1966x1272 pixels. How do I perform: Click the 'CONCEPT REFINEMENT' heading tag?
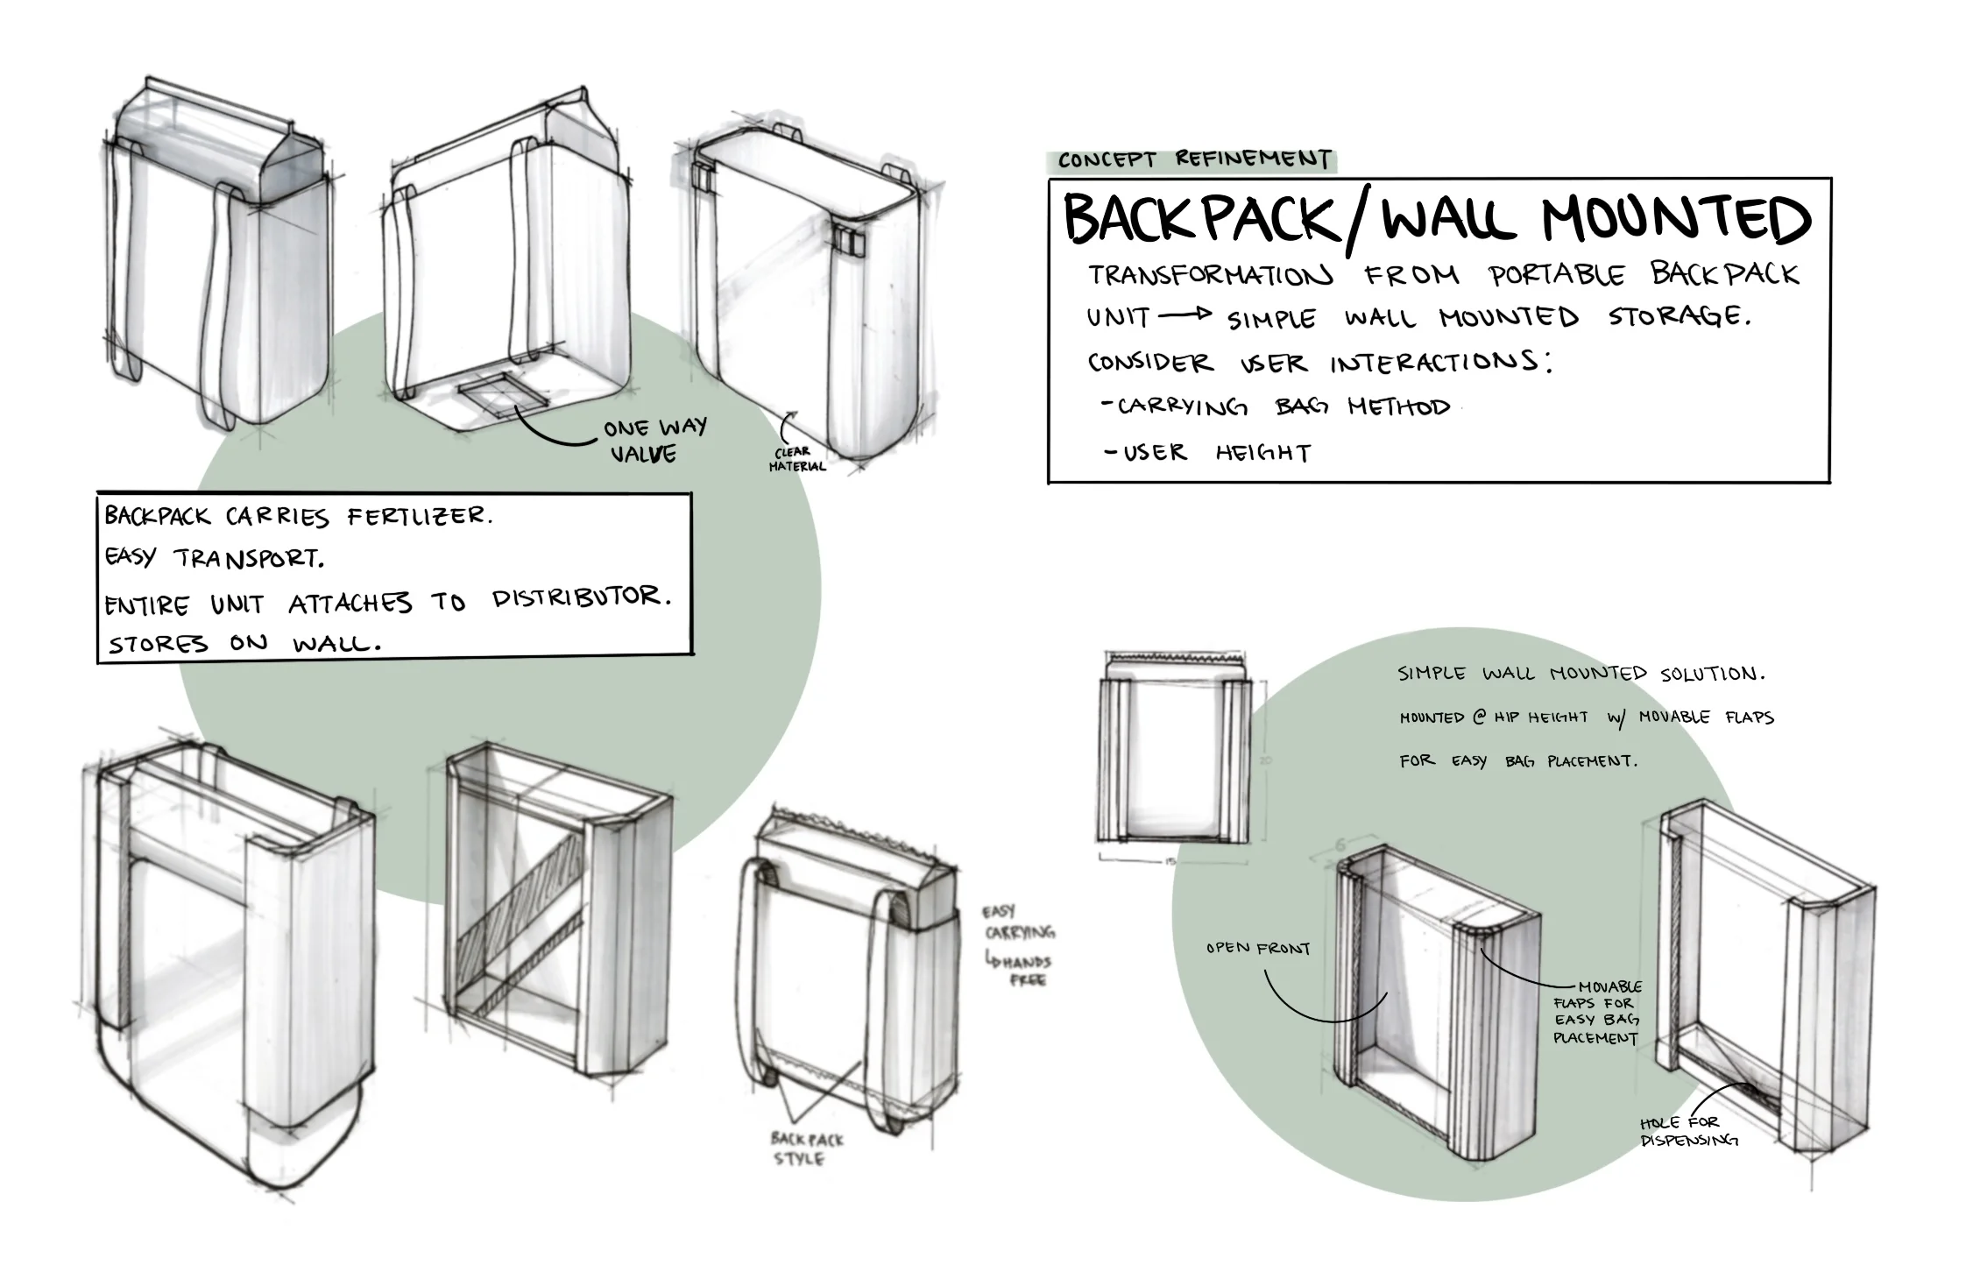[1193, 160]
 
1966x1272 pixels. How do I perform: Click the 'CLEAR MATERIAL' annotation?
[796, 460]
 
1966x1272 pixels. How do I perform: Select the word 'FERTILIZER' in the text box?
[419, 517]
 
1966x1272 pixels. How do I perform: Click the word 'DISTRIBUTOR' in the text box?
[580, 598]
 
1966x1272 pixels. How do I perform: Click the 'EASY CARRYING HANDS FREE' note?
[1017, 945]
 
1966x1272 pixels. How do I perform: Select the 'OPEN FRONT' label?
[1257, 948]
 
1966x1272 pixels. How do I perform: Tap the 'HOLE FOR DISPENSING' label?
[1687, 1131]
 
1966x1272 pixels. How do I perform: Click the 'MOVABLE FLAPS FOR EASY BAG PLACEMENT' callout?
[1596, 1013]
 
